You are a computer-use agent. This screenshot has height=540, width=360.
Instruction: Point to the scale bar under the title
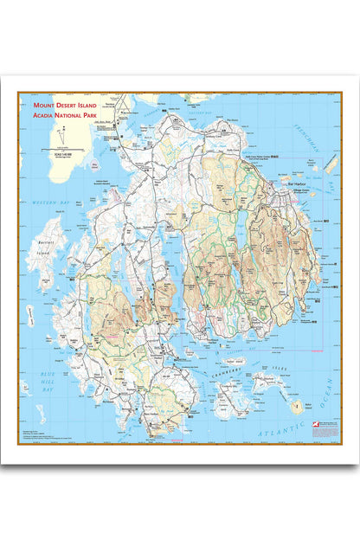63,152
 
